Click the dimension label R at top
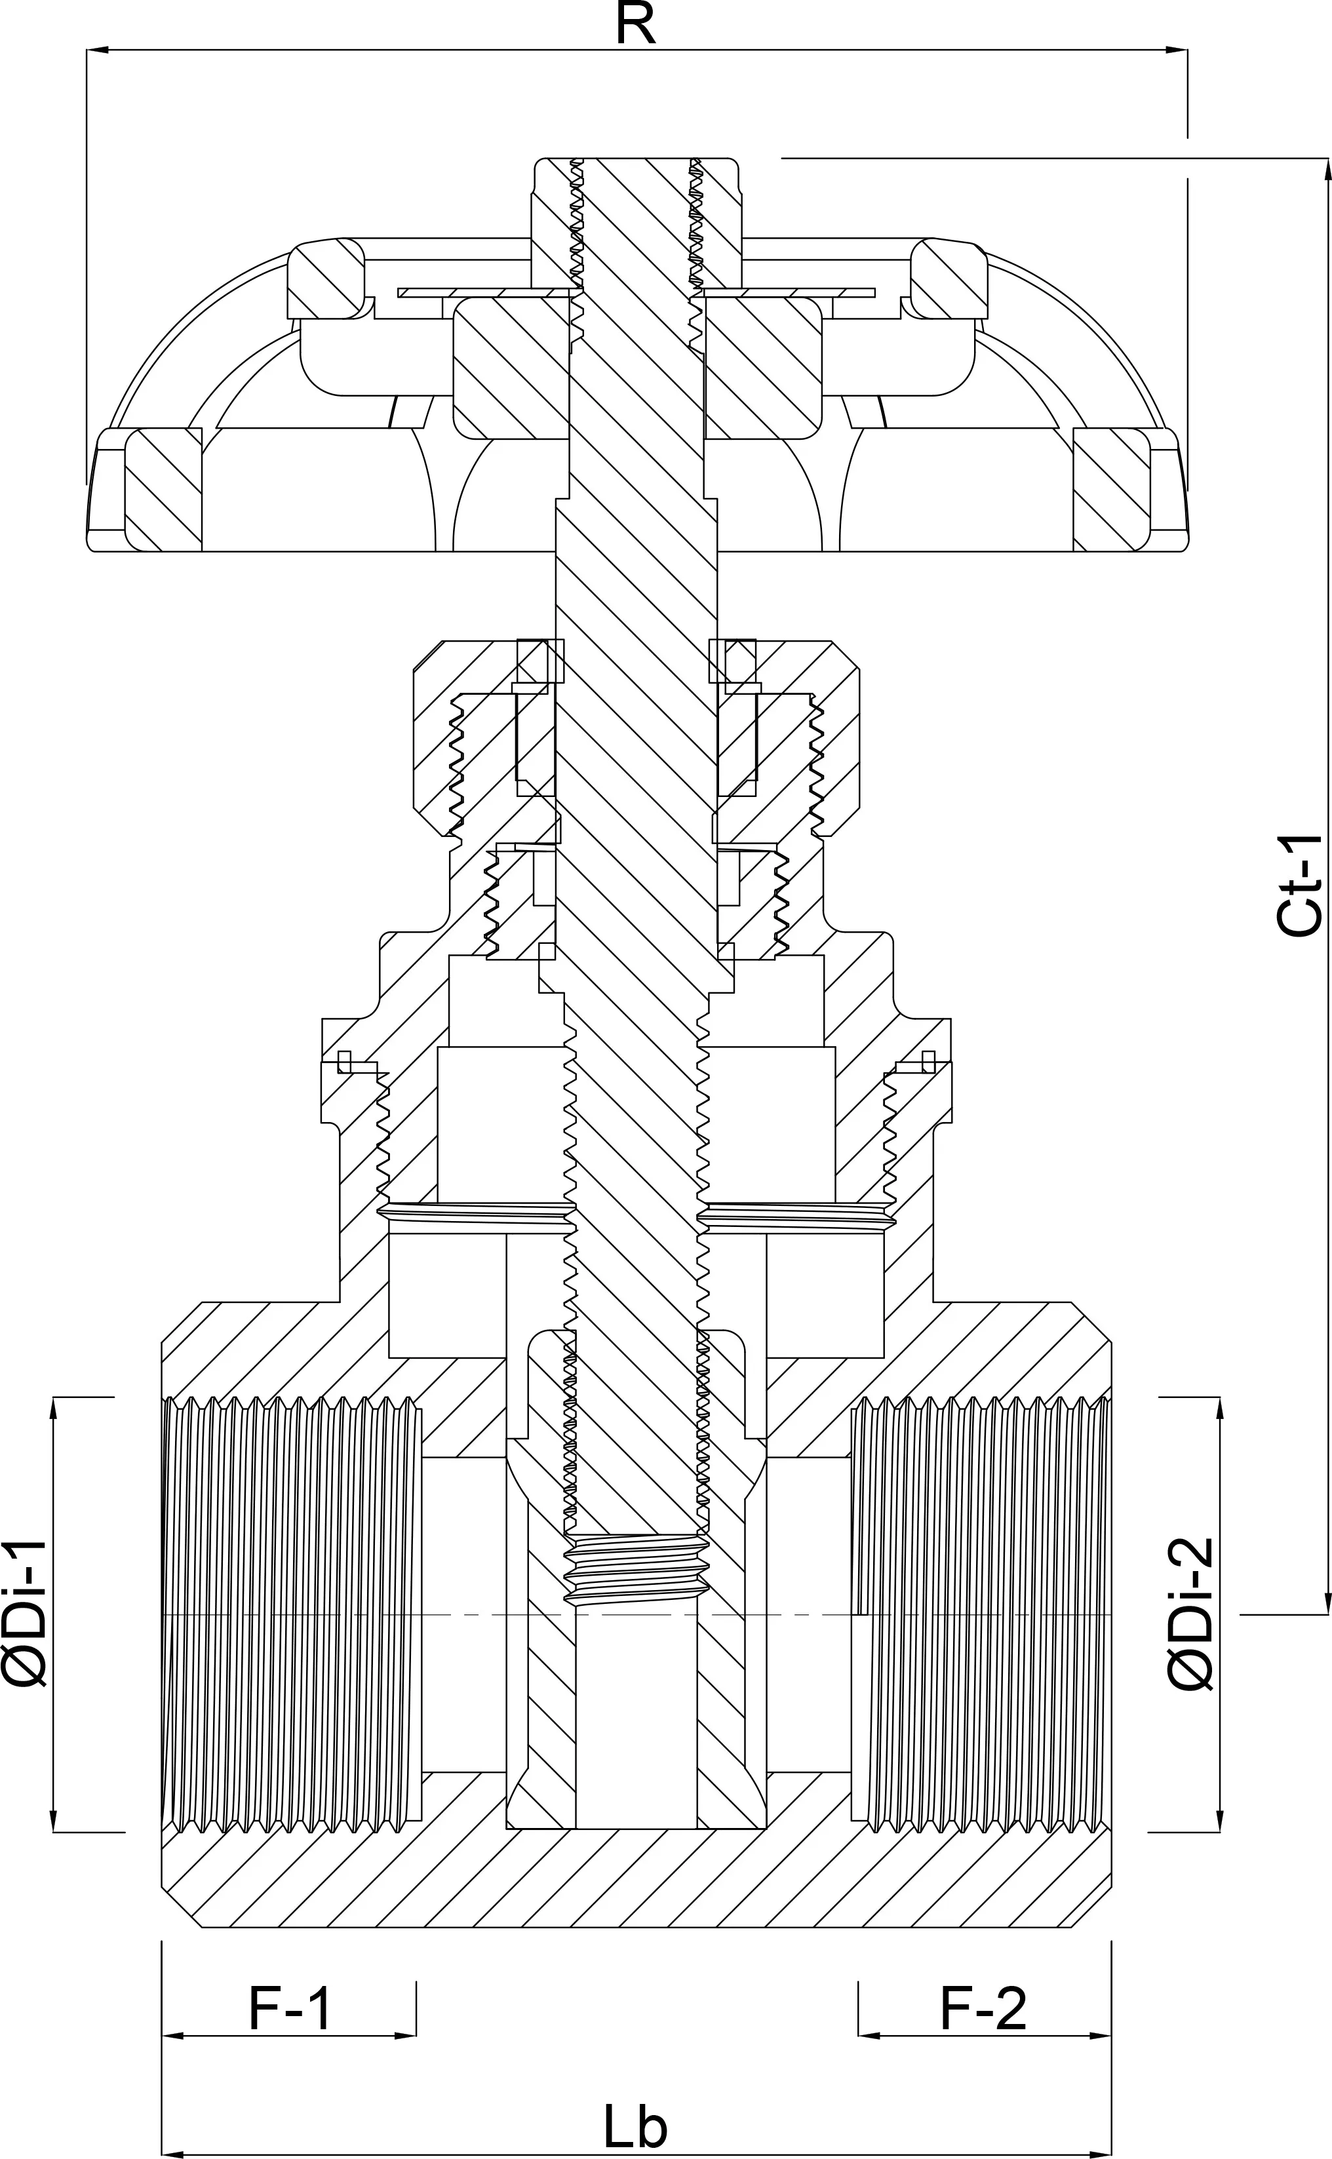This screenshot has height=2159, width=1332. point(635,25)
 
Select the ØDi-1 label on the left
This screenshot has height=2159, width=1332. point(25,1614)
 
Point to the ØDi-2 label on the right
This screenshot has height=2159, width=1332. point(1191,1614)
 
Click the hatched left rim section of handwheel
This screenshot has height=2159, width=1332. point(163,490)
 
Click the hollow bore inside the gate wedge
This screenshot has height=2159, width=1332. point(635,1718)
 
